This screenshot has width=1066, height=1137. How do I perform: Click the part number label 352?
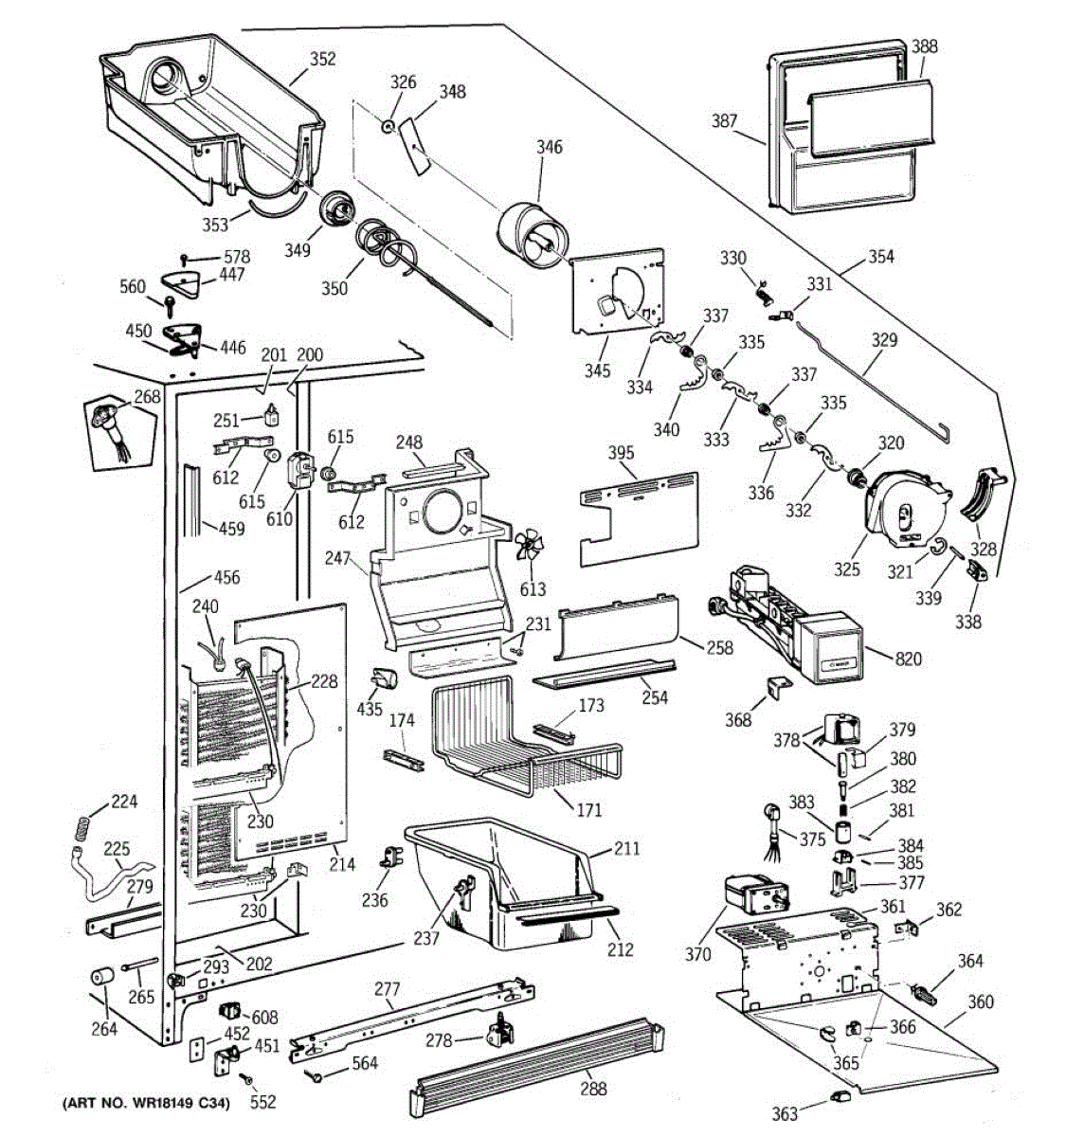click(322, 59)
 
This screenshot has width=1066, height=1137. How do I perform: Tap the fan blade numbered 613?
click(530, 549)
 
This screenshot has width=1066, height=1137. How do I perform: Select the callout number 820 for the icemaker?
click(908, 659)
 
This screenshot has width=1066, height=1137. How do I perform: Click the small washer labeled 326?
click(389, 126)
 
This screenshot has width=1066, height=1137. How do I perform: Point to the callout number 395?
click(621, 453)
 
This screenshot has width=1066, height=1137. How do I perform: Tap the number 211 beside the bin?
click(625, 849)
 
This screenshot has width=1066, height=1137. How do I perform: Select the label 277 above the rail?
click(387, 990)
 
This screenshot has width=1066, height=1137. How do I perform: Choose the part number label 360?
click(980, 1002)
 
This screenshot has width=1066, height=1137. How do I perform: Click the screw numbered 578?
click(187, 258)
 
